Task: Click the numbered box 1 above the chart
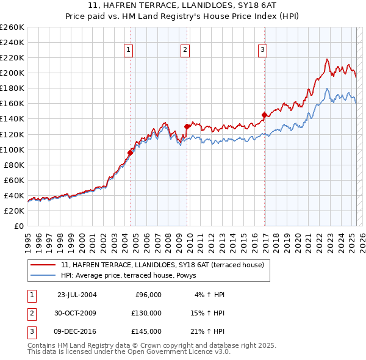129,51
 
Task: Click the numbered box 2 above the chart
184,51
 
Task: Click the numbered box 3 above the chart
262,51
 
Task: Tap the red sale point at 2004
130,153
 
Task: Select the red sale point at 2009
187,126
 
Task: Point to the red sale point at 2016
264,115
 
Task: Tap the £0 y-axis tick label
18,226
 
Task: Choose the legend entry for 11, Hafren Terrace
162,265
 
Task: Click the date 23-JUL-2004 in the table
77,295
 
